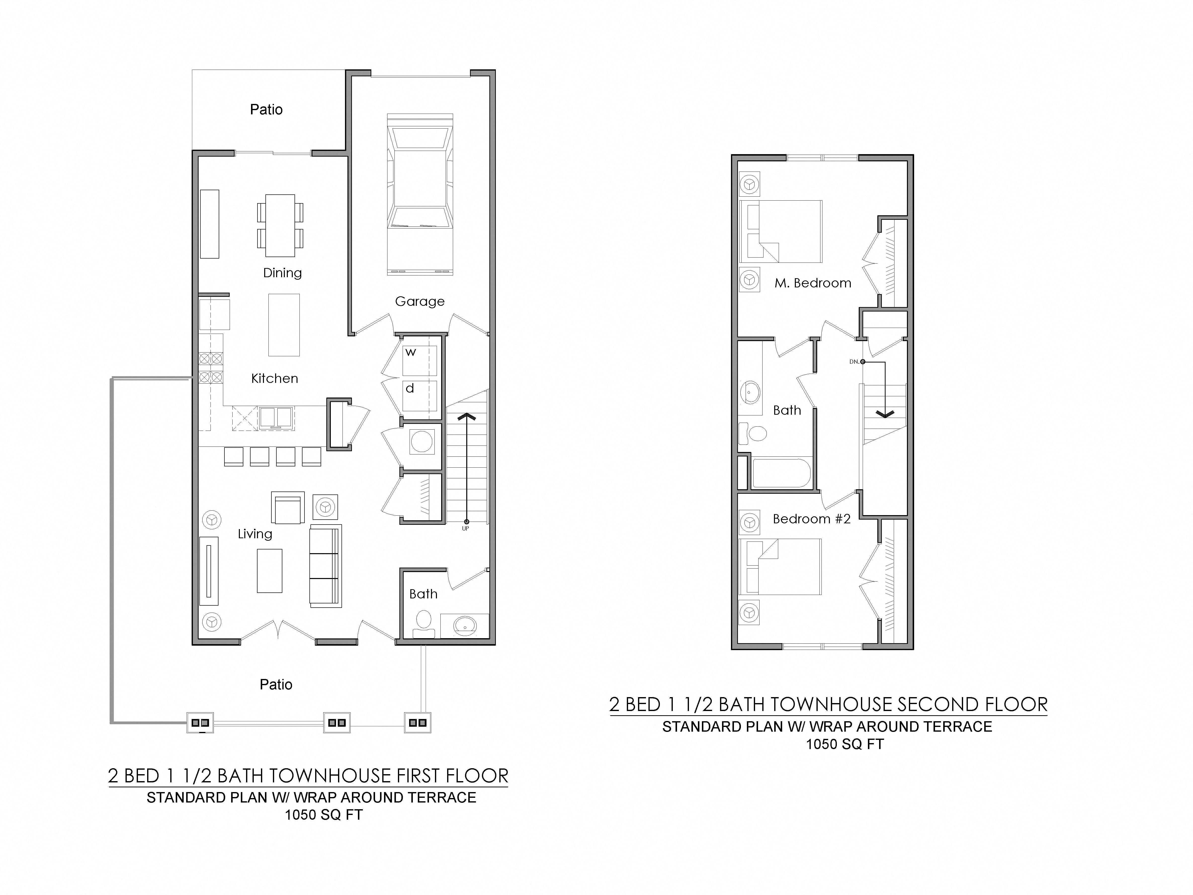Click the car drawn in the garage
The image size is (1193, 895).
coord(420,194)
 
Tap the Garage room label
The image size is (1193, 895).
coord(420,302)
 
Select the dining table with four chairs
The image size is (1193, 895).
coord(280,225)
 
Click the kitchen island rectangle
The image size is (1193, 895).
coord(284,325)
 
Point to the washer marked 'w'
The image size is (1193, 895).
coord(419,360)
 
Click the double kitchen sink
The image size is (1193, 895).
coord(276,418)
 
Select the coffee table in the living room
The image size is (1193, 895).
coord(269,571)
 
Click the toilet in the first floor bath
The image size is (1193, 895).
coord(424,625)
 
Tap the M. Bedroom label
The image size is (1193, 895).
coord(813,283)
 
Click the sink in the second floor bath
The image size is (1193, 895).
coord(750,392)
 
